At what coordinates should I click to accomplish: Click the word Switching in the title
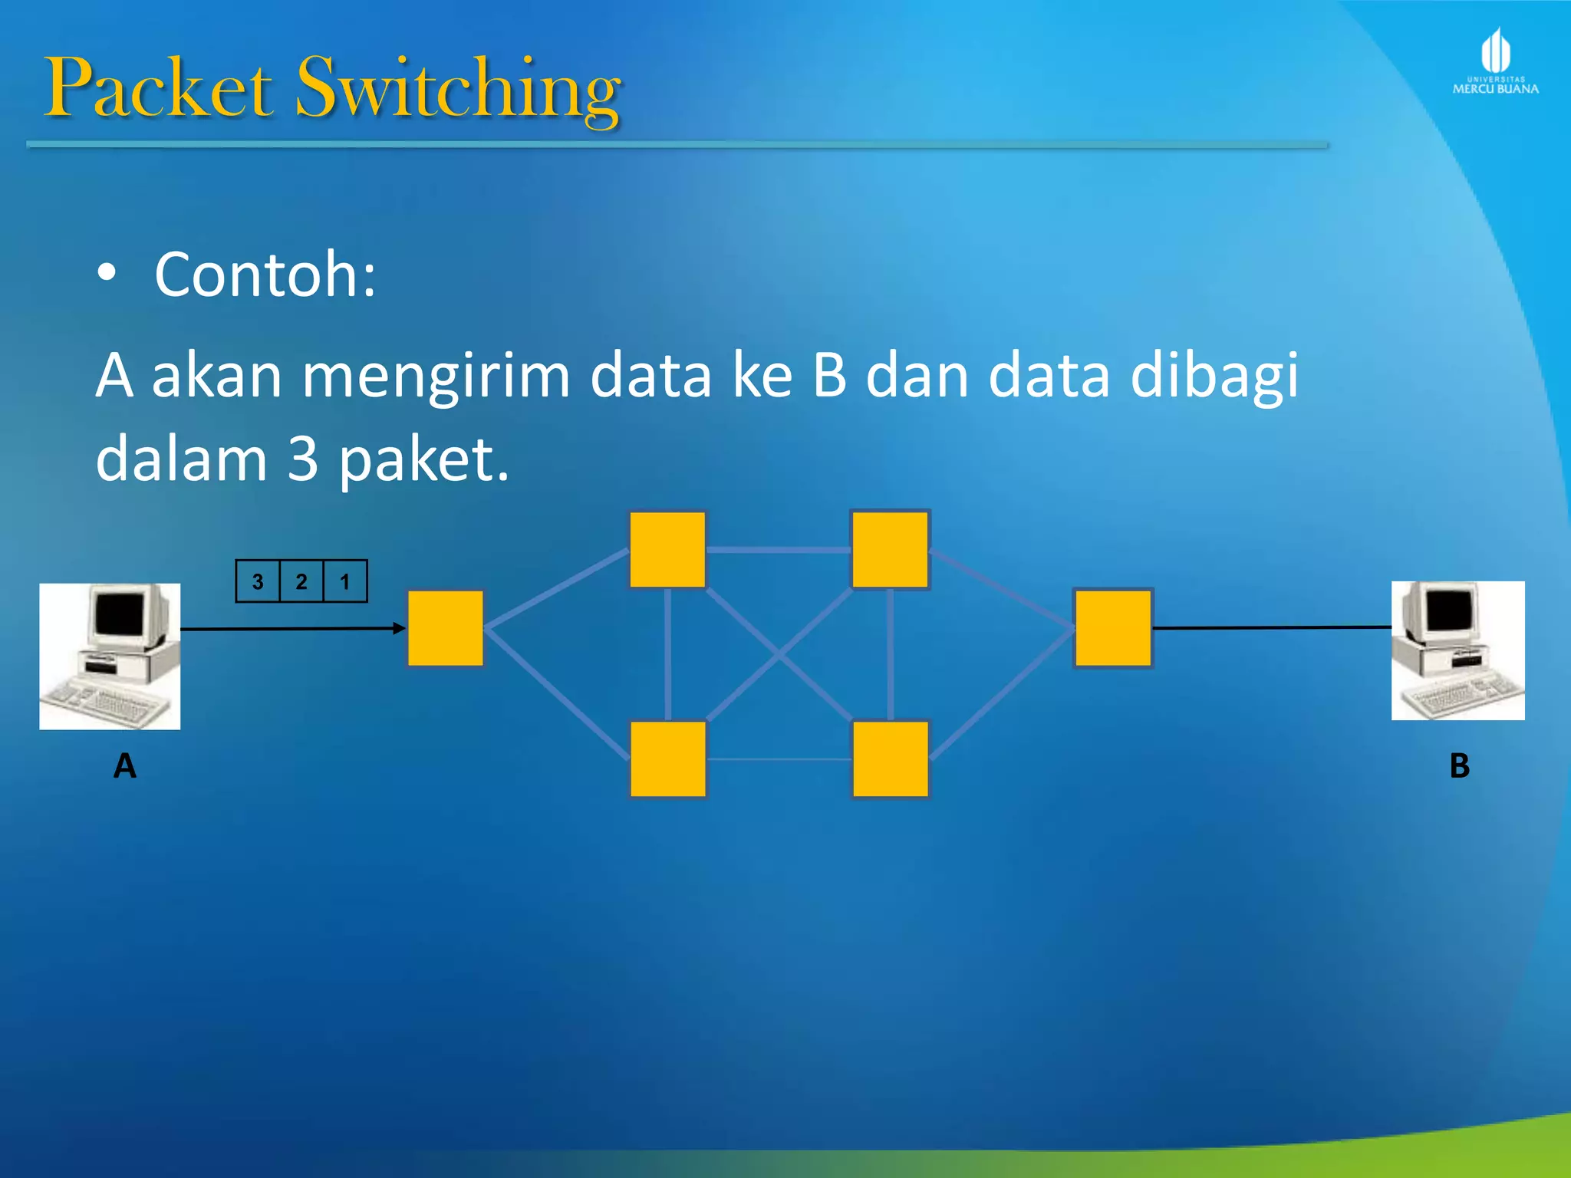pos(458,90)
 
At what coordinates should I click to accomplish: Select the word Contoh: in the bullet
pos(265,274)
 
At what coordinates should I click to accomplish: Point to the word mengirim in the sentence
pos(436,376)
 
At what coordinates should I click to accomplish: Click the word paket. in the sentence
pos(423,460)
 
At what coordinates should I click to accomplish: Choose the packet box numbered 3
pos(258,582)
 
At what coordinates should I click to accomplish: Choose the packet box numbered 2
pos(301,582)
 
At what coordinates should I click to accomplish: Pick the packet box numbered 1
pos(345,582)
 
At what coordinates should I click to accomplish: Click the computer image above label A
pos(110,656)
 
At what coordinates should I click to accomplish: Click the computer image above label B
pos(1457,650)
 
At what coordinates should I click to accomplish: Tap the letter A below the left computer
pos(125,766)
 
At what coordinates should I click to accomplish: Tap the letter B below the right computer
pos(1459,766)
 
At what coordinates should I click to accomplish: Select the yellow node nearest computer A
pos(446,628)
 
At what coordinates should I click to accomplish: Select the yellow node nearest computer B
pos(1113,628)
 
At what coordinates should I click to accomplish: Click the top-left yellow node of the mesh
pos(667,550)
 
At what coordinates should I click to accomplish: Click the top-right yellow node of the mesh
pos(890,550)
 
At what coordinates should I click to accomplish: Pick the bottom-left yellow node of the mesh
pos(667,758)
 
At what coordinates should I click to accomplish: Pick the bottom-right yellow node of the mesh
pos(890,758)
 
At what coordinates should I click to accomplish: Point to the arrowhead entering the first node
pos(399,629)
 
